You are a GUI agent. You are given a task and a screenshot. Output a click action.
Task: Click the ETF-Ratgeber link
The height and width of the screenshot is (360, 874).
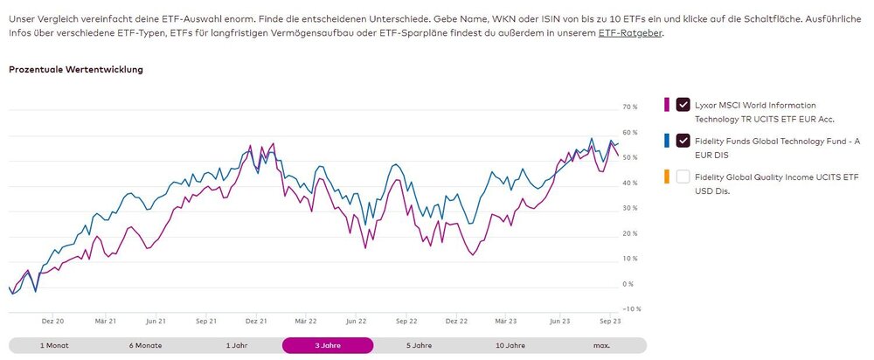pyautogui.click(x=630, y=32)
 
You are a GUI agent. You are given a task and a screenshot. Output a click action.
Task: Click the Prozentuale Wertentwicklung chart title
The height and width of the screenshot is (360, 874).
pyautogui.click(x=76, y=70)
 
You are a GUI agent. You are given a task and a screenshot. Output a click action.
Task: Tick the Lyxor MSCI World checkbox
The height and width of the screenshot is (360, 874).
pyautogui.click(x=683, y=105)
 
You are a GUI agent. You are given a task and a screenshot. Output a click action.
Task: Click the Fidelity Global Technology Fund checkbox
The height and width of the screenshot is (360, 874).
pyautogui.click(x=683, y=141)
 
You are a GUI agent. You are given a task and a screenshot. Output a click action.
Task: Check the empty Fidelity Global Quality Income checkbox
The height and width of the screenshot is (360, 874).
pyautogui.click(x=683, y=177)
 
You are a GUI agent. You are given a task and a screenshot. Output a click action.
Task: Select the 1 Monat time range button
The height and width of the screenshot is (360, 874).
pyautogui.click(x=54, y=345)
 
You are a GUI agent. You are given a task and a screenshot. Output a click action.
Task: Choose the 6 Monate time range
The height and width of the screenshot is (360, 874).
pyautogui.click(x=145, y=345)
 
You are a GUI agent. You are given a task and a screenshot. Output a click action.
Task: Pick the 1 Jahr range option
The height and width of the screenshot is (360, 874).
pyautogui.click(x=236, y=345)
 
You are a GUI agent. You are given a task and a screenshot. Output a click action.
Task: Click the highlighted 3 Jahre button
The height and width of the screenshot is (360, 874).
pyautogui.click(x=327, y=345)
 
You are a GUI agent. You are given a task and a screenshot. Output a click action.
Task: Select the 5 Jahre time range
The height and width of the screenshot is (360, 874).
pyautogui.click(x=418, y=345)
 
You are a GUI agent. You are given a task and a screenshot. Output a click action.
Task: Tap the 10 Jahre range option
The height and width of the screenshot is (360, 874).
pyautogui.click(x=510, y=345)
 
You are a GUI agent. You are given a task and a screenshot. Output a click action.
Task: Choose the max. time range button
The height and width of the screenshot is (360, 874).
pyautogui.click(x=601, y=345)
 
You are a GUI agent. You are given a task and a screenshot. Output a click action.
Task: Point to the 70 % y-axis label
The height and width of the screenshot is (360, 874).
pyautogui.click(x=629, y=107)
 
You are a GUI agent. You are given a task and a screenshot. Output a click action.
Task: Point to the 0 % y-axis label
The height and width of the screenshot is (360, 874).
pyautogui.click(x=628, y=284)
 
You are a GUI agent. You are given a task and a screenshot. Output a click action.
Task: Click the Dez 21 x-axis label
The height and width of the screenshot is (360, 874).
pyautogui.click(x=256, y=322)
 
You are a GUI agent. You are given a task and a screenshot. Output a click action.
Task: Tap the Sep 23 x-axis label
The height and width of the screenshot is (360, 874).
pyautogui.click(x=611, y=322)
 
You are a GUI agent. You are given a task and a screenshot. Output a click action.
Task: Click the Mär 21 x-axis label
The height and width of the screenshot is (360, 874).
pyautogui.click(x=106, y=322)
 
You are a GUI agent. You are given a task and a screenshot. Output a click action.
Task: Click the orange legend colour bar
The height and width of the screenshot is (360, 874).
pyautogui.click(x=667, y=177)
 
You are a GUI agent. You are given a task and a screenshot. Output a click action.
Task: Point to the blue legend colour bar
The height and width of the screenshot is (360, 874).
pyautogui.click(x=667, y=141)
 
